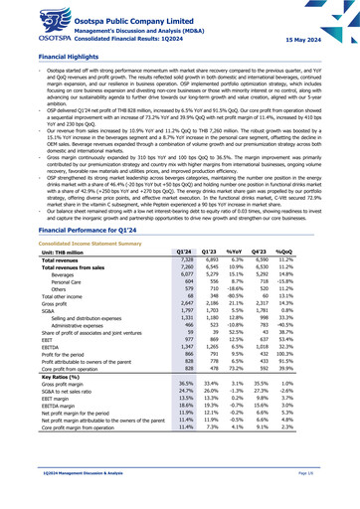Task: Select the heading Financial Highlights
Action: click(43, 58)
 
